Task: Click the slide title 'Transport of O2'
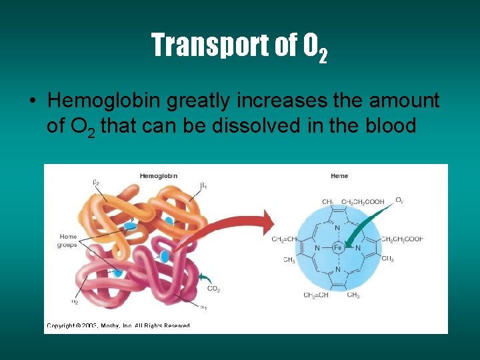pos(239,46)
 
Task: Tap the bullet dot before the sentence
pos(33,101)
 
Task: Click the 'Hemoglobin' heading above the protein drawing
pos(159,176)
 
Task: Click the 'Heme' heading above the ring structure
pos(339,176)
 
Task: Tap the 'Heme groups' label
pos(68,240)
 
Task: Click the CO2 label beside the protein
pos(214,289)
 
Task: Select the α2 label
pos(75,301)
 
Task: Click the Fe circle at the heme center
pos(337,248)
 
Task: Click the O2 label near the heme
pos(399,200)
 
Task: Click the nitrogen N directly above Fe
pos(337,227)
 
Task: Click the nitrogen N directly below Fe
pos(337,270)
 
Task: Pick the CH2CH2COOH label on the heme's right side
pos(402,239)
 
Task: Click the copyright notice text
pos(118,325)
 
